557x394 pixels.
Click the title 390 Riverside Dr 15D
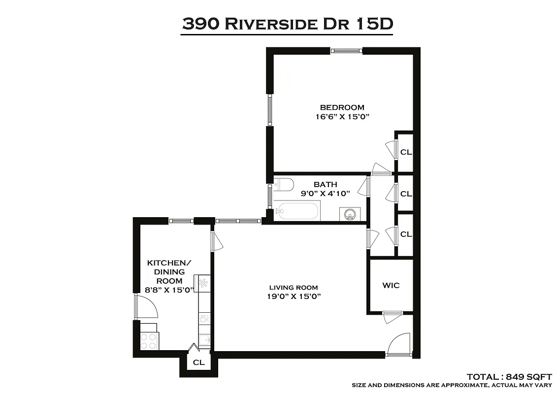tap(287, 24)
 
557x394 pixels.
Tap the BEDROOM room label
tap(342, 107)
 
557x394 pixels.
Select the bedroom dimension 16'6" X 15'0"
tap(342, 117)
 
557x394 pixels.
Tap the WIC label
tap(391, 285)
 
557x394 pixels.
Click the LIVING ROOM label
tap(294, 288)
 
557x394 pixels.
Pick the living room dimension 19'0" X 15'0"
tap(294, 296)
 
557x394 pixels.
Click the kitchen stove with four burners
tap(150, 338)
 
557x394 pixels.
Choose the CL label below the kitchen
tap(198, 363)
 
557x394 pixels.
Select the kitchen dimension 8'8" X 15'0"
tap(169, 290)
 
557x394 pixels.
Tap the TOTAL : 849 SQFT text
tap(509, 376)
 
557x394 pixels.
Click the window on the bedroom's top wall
tap(347, 50)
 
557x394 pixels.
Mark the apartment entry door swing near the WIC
tap(399, 344)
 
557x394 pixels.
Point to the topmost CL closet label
tap(406, 152)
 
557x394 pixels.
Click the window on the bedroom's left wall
tap(270, 109)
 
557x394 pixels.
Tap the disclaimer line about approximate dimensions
tap(452, 385)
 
